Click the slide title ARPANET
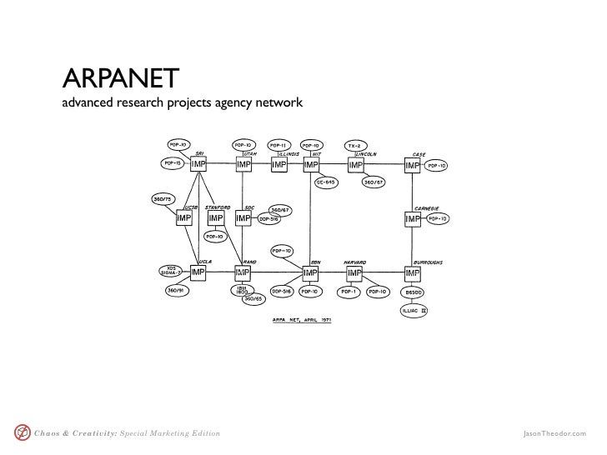(118, 78)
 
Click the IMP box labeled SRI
(200, 166)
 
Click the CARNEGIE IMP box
(413, 218)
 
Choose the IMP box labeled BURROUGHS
(413, 273)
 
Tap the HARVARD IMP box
(355, 273)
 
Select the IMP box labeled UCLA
(200, 272)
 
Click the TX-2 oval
(355, 145)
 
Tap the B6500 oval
(414, 292)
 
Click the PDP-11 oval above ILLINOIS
(278, 144)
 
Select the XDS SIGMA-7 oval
(172, 271)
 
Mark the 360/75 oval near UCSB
(163, 199)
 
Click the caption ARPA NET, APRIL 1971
(303, 319)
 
